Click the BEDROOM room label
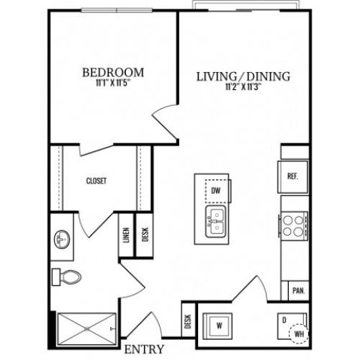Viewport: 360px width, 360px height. [x=113, y=73]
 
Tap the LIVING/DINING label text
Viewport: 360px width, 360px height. [x=243, y=76]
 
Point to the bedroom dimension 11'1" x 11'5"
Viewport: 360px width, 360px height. [x=113, y=83]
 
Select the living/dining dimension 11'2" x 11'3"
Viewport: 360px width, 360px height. [x=243, y=86]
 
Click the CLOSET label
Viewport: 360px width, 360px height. [x=96, y=181]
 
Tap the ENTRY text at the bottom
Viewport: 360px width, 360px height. [x=144, y=349]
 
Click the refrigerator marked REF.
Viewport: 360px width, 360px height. [x=293, y=177]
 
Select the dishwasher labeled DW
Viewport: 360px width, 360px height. [x=216, y=191]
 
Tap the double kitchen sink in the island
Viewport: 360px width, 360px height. [x=216, y=222]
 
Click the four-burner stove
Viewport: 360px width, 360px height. [x=293, y=226]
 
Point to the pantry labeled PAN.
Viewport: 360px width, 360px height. [x=299, y=291]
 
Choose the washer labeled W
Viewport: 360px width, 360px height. [x=217, y=326]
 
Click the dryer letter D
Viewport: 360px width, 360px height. [x=284, y=320]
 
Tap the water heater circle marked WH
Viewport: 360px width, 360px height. [x=299, y=334]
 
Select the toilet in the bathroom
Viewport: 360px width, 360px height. [x=67, y=277]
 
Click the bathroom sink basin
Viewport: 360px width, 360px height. [x=62, y=239]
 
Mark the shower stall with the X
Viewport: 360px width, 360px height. [x=86, y=329]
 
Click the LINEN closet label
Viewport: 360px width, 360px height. [x=126, y=235]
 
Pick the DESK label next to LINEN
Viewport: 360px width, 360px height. [x=145, y=235]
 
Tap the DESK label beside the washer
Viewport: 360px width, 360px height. [x=189, y=321]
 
